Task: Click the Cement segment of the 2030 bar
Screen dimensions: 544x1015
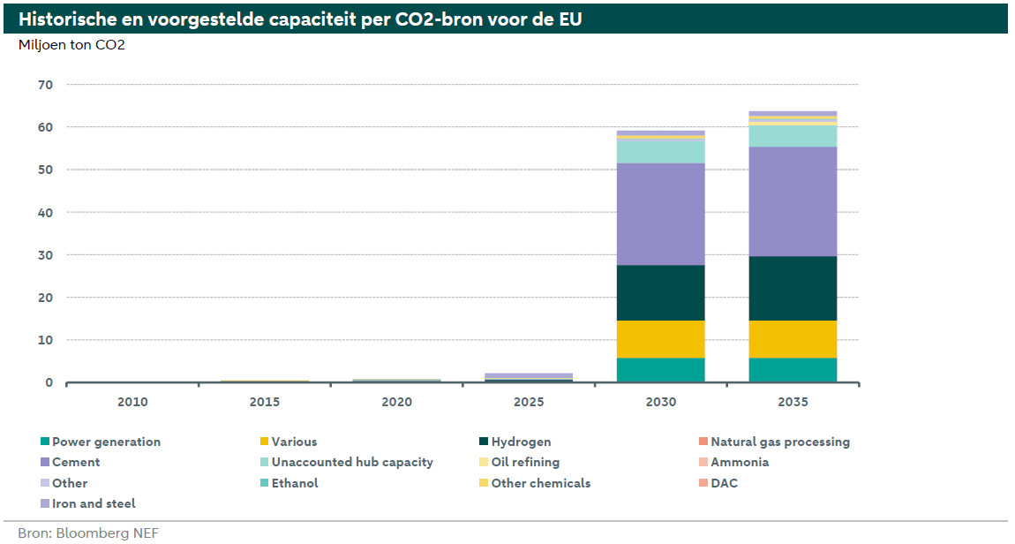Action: pos(660,214)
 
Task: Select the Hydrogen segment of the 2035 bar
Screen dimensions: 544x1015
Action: pos(793,288)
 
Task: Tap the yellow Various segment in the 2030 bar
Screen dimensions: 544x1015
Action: pos(660,339)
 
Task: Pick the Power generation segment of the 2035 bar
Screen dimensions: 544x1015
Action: pos(793,370)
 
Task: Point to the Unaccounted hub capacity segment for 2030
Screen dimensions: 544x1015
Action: pos(660,151)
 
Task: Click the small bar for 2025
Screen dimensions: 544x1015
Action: pos(528,377)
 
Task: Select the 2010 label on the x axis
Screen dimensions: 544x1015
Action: pos(132,402)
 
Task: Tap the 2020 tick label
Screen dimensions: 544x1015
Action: pos(396,402)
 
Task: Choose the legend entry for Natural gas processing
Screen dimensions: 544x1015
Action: pos(779,442)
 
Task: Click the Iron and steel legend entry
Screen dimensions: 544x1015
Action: pos(94,503)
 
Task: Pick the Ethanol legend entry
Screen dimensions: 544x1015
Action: pos(295,483)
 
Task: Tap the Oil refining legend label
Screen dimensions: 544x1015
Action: pos(525,462)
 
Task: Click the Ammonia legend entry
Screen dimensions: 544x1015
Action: pos(740,462)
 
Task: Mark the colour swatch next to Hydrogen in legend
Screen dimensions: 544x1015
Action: pos(484,442)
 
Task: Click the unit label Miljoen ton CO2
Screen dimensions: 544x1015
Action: pos(71,45)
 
